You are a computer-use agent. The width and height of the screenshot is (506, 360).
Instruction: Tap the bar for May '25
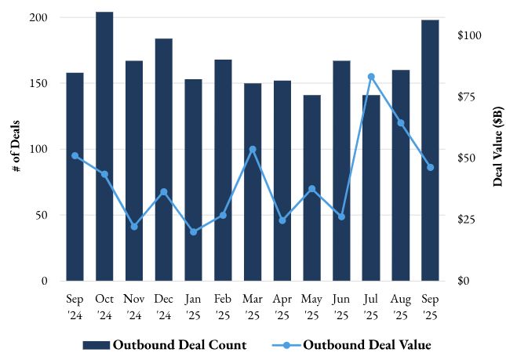[x=311, y=187]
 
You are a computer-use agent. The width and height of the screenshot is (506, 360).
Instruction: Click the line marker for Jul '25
[x=371, y=76]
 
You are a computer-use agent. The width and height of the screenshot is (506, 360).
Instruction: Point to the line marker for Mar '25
[x=253, y=149]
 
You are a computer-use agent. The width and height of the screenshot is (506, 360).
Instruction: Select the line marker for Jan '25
[x=193, y=231]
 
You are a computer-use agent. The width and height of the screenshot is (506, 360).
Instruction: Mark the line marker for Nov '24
[x=134, y=227]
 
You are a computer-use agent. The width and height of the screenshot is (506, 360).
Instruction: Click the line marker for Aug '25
[x=400, y=122]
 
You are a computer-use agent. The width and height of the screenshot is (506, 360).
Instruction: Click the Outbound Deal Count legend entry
[x=165, y=344]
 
